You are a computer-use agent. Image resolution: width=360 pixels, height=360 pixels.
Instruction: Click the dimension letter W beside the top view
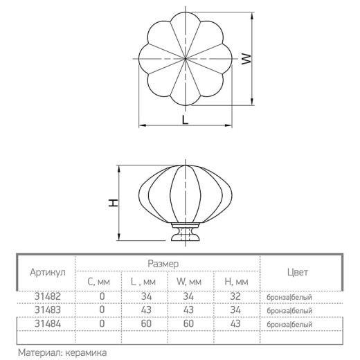[x=246, y=59]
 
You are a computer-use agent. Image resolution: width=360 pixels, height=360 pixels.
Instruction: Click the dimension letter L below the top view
[x=185, y=120]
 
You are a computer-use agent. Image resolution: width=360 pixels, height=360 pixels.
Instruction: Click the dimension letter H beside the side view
[x=114, y=203]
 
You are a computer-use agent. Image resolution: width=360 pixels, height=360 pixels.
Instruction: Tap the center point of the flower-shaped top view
[x=186, y=59]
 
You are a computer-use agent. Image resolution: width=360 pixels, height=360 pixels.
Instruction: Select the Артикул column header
[x=48, y=273]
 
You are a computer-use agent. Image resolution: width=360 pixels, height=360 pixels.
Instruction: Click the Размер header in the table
[x=163, y=264]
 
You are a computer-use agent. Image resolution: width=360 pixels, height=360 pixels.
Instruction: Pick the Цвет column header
[x=298, y=272]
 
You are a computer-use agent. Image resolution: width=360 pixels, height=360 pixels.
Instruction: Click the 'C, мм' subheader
[x=98, y=282]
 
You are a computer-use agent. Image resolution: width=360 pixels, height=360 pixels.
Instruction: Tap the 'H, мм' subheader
[x=236, y=282]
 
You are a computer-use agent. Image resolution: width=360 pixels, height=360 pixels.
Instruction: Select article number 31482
[x=48, y=296]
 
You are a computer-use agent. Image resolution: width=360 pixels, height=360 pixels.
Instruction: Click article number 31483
[x=48, y=310]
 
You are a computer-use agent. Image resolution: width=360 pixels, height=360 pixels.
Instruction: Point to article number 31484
[x=48, y=324]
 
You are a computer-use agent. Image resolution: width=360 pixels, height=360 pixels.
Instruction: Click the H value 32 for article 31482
[x=235, y=296]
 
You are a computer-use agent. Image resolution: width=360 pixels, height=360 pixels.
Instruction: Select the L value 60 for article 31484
[x=146, y=324]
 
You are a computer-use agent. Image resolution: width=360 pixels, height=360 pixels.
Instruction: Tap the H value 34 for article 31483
[x=235, y=310]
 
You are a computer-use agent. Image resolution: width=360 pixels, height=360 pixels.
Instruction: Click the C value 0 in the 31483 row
[x=102, y=309]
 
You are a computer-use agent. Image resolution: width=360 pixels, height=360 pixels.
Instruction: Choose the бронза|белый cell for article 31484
[x=289, y=325]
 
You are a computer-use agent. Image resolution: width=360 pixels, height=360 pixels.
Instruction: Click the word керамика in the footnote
[x=86, y=353]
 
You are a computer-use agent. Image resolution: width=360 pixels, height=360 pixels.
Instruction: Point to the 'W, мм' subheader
[x=189, y=282]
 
